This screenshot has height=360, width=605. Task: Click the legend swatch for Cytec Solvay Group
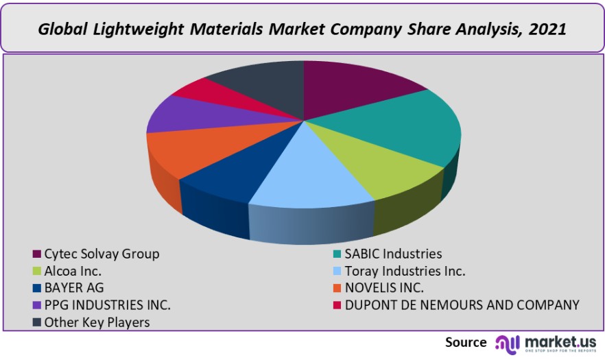point(36,254)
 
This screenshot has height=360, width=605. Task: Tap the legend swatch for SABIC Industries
point(336,254)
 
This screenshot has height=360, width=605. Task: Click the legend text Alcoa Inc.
point(73,271)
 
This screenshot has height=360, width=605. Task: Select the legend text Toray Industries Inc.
point(405,271)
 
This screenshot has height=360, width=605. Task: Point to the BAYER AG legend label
point(74,288)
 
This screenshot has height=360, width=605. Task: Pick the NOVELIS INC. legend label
point(385,288)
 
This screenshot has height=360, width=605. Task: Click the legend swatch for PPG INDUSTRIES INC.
point(36,305)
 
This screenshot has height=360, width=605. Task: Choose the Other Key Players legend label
point(97,322)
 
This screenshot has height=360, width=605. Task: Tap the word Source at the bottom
point(466,341)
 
